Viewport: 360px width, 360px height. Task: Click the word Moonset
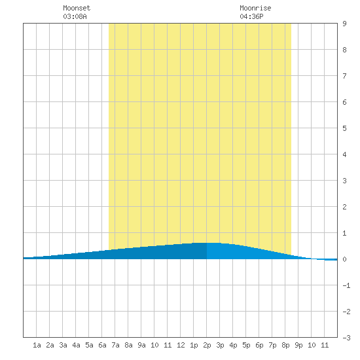77,8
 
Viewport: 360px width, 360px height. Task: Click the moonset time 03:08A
75,16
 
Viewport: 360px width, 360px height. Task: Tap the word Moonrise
255,8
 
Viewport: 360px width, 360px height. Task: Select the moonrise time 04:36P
251,16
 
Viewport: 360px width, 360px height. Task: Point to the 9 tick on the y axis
344,24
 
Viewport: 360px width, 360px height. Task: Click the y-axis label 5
344,128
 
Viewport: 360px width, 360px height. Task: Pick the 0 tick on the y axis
344,259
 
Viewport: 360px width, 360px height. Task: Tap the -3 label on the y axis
346,338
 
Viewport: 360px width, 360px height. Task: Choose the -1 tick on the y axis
346,285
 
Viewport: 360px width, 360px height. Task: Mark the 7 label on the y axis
344,76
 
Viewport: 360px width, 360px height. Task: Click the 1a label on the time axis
37,345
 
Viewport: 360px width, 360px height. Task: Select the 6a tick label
102,345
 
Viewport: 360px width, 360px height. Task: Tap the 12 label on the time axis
181,345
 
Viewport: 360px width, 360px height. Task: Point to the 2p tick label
207,345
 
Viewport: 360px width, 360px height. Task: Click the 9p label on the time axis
298,345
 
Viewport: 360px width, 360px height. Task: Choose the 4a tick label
76,345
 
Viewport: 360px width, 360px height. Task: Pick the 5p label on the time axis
246,345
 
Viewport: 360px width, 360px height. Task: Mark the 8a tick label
128,345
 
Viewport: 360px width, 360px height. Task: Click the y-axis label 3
344,181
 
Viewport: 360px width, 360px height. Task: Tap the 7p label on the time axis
272,345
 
